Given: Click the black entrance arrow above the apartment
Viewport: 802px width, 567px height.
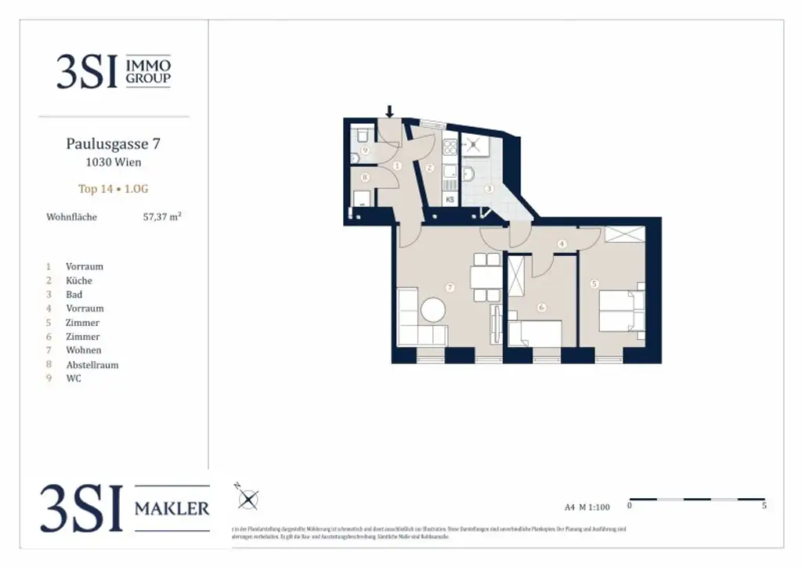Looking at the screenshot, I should pos(389,111).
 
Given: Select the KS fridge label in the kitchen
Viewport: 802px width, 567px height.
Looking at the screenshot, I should pos(450,200).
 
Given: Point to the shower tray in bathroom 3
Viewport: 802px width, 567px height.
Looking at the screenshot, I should pos(475,146).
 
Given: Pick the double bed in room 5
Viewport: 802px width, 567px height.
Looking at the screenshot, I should pos(622,311).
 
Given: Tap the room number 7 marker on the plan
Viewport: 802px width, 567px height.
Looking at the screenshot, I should pos(450,287).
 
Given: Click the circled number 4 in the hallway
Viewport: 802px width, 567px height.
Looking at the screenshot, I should pos(562,244).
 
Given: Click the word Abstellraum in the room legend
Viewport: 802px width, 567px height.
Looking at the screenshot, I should pos(92,364).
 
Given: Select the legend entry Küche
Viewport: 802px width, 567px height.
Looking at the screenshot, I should pos(78,280).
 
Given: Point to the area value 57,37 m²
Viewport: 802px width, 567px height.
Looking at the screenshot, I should pos(162,217).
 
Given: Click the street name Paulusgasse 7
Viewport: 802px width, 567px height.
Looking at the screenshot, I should pos(114,144).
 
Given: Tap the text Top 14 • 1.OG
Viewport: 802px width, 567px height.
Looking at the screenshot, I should pos(114,189).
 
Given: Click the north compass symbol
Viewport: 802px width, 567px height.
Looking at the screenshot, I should pos(247,498).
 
